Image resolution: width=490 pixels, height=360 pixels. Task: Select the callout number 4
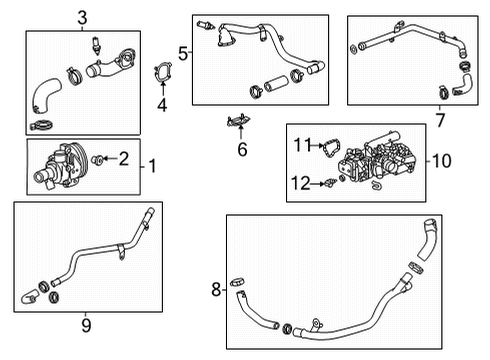161,103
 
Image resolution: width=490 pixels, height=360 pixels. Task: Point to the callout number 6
241,149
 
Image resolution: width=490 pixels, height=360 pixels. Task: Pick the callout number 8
216,290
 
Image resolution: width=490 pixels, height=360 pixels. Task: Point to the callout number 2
124,157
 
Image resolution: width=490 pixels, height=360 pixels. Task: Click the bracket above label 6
237,122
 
